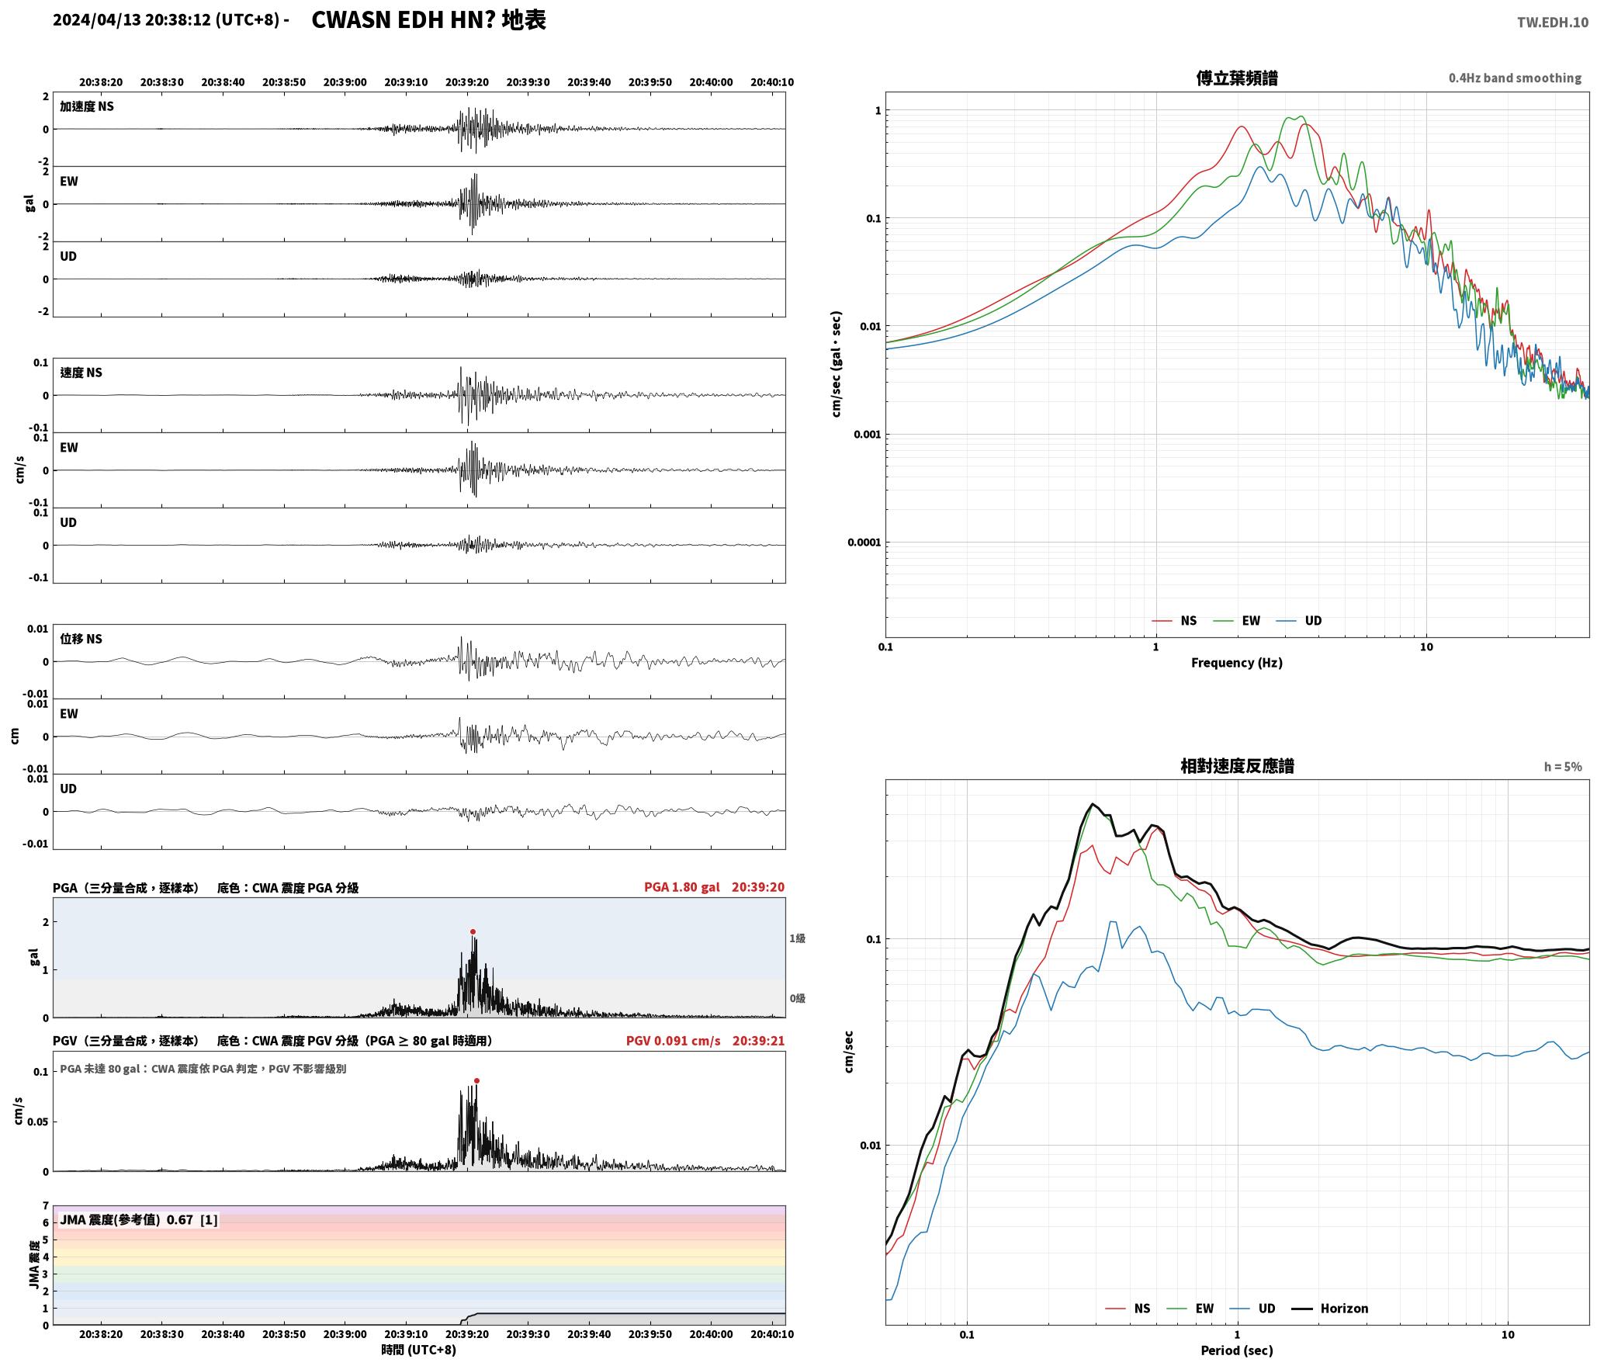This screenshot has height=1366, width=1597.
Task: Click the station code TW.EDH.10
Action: (1553, 23)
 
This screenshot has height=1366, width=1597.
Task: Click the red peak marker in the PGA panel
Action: (473, 931)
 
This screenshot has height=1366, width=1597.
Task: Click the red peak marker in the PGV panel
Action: (476, 1080)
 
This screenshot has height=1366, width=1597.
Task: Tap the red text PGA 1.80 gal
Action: (681, 887)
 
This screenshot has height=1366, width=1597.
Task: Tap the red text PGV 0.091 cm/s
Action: (673, 1041)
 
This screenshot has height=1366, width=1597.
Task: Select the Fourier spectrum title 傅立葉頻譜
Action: (1237, 78)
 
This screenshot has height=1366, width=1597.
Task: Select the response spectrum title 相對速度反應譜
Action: (1237, 766)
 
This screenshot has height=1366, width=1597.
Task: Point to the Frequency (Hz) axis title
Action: (1237, 663)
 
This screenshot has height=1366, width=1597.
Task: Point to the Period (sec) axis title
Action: (1237, 1350)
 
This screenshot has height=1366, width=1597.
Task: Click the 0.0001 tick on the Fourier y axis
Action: (864, 542)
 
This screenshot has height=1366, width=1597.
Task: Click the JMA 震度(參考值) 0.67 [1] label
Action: (139, 1220)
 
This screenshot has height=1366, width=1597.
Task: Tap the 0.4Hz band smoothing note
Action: (1515, 78)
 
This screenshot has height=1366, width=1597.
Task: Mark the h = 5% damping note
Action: (1563, 767)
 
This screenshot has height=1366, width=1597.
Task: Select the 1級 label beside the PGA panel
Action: (798, 938)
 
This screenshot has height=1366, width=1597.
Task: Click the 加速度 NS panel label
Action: (87, 106)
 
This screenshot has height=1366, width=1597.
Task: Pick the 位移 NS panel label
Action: (81, 640)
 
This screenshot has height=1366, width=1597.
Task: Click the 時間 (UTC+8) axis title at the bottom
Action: (419, 1350)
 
